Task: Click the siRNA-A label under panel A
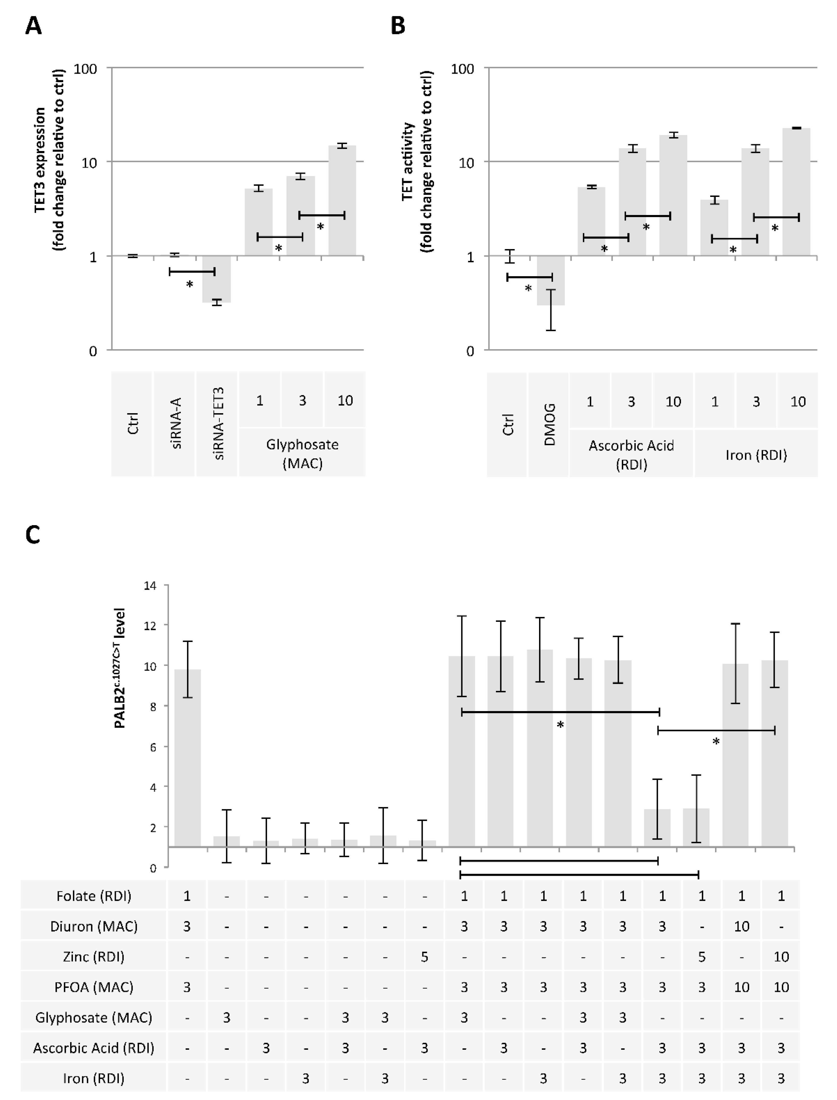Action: (175, 423)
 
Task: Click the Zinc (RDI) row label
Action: (94, 957)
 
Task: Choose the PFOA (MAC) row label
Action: (94, 987)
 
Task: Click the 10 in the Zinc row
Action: (781, 957)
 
